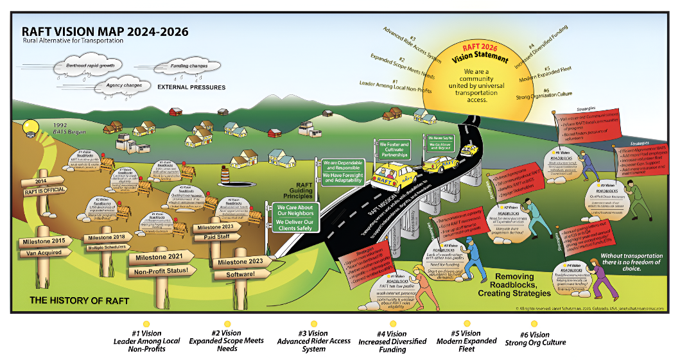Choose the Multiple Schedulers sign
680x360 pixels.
click(x=109, y=247)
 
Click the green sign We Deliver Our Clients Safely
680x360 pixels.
click(x=296, y=224)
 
